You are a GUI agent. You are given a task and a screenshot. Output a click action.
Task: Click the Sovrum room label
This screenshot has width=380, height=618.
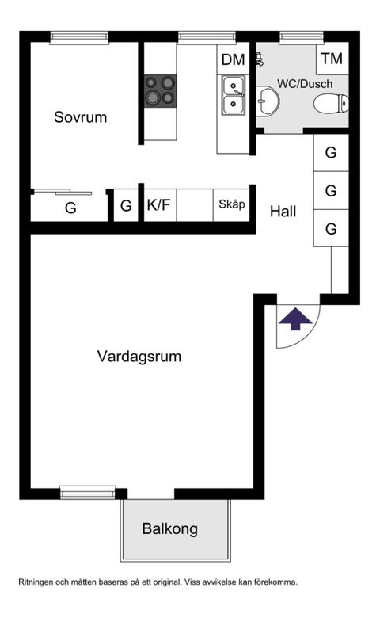[x=80, y=117]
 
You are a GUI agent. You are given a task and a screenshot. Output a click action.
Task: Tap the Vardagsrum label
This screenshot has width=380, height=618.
[x=139, y=357]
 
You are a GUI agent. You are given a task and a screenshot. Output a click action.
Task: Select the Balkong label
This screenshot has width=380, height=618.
[x=169, y=529]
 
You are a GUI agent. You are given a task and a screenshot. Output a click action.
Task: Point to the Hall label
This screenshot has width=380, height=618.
[x=283, y=212]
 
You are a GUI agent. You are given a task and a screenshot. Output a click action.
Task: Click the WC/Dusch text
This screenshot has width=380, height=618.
[x=305, y=84]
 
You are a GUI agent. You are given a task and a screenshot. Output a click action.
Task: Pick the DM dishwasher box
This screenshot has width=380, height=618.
[x=233, y=59]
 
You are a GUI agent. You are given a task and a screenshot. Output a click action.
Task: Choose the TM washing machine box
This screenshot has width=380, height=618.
[x=332, y=59]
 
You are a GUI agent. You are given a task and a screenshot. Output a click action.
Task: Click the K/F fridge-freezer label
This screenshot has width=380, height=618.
[x=158, y=205]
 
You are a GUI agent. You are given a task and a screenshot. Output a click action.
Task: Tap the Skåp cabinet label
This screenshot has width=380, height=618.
[x=231, y=204]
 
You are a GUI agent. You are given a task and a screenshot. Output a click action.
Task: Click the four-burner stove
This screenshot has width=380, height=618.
[x=160, y=90]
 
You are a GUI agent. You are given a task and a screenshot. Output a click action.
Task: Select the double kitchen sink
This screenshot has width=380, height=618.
[x=233, y=95]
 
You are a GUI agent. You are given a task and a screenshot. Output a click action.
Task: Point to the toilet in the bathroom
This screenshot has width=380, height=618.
[x=331, y=104]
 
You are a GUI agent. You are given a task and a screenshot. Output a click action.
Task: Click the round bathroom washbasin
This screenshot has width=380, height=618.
[x=268, y=101]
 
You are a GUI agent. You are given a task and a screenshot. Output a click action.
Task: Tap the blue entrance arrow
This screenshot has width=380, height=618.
[x=295, y=319]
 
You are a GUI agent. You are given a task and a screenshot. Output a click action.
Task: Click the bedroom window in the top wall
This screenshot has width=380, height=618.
[x=79, y=37]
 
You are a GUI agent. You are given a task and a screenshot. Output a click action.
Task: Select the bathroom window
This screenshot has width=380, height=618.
[x=302, y=37]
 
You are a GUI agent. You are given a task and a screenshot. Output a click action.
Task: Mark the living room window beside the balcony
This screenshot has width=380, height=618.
[x=88, y=493]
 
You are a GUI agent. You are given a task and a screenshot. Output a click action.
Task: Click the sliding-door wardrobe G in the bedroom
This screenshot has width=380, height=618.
[x=70, y=206]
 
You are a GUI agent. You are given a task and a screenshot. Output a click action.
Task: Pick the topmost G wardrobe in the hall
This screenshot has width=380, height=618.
[x=331, y=153]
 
